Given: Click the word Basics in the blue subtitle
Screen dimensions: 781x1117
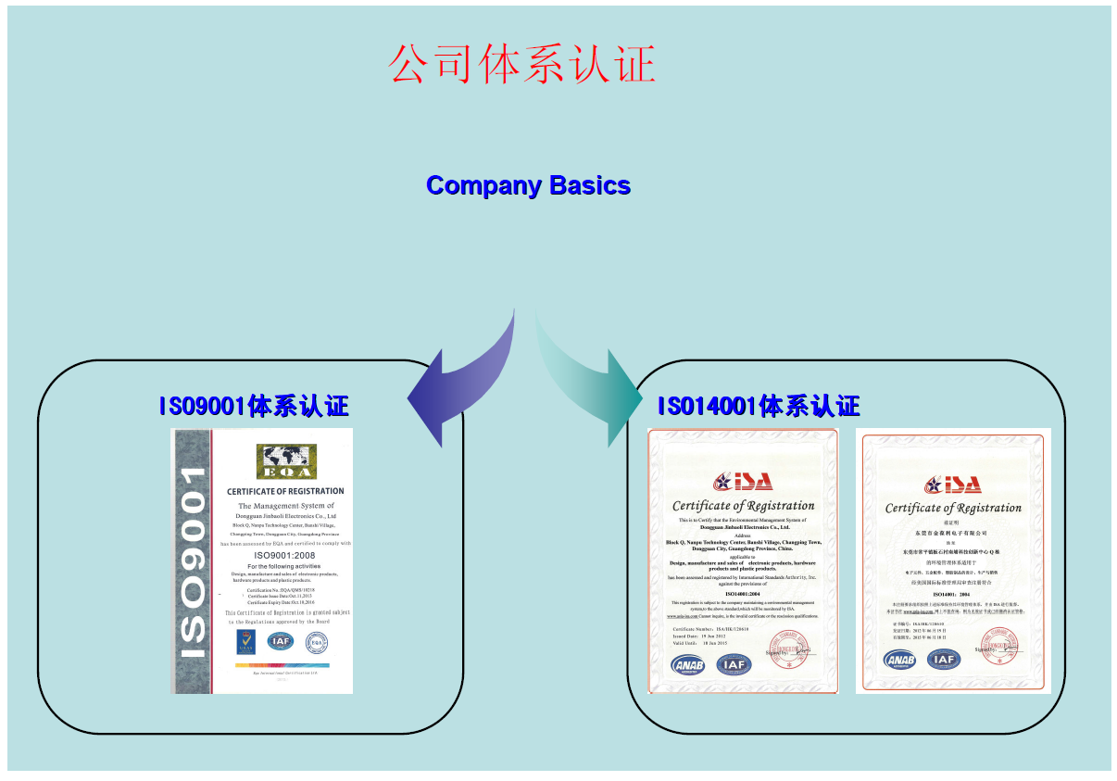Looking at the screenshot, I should coord(590,185).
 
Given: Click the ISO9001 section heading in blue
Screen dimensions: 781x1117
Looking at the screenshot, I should coord(254,406).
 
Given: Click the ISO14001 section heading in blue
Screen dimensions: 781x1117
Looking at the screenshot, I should coord(759,406).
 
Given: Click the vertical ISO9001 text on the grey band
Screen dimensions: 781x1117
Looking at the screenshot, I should coord(193,562).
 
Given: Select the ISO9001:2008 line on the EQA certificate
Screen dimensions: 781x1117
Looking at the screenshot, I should coord(285,555).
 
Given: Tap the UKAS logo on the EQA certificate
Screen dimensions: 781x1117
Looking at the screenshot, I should coord(246,640).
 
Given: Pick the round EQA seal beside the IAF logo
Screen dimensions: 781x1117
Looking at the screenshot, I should coord(317,641).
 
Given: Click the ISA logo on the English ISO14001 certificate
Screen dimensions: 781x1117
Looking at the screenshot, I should coord(743,481).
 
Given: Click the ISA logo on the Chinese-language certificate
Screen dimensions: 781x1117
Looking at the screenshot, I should coord(953,484).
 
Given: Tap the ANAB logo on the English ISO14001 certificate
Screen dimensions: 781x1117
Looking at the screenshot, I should coord(688,664).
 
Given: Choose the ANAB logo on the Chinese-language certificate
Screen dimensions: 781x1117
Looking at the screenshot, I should coord(899,660).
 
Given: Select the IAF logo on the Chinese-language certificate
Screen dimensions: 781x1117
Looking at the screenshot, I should coord(944,660).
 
